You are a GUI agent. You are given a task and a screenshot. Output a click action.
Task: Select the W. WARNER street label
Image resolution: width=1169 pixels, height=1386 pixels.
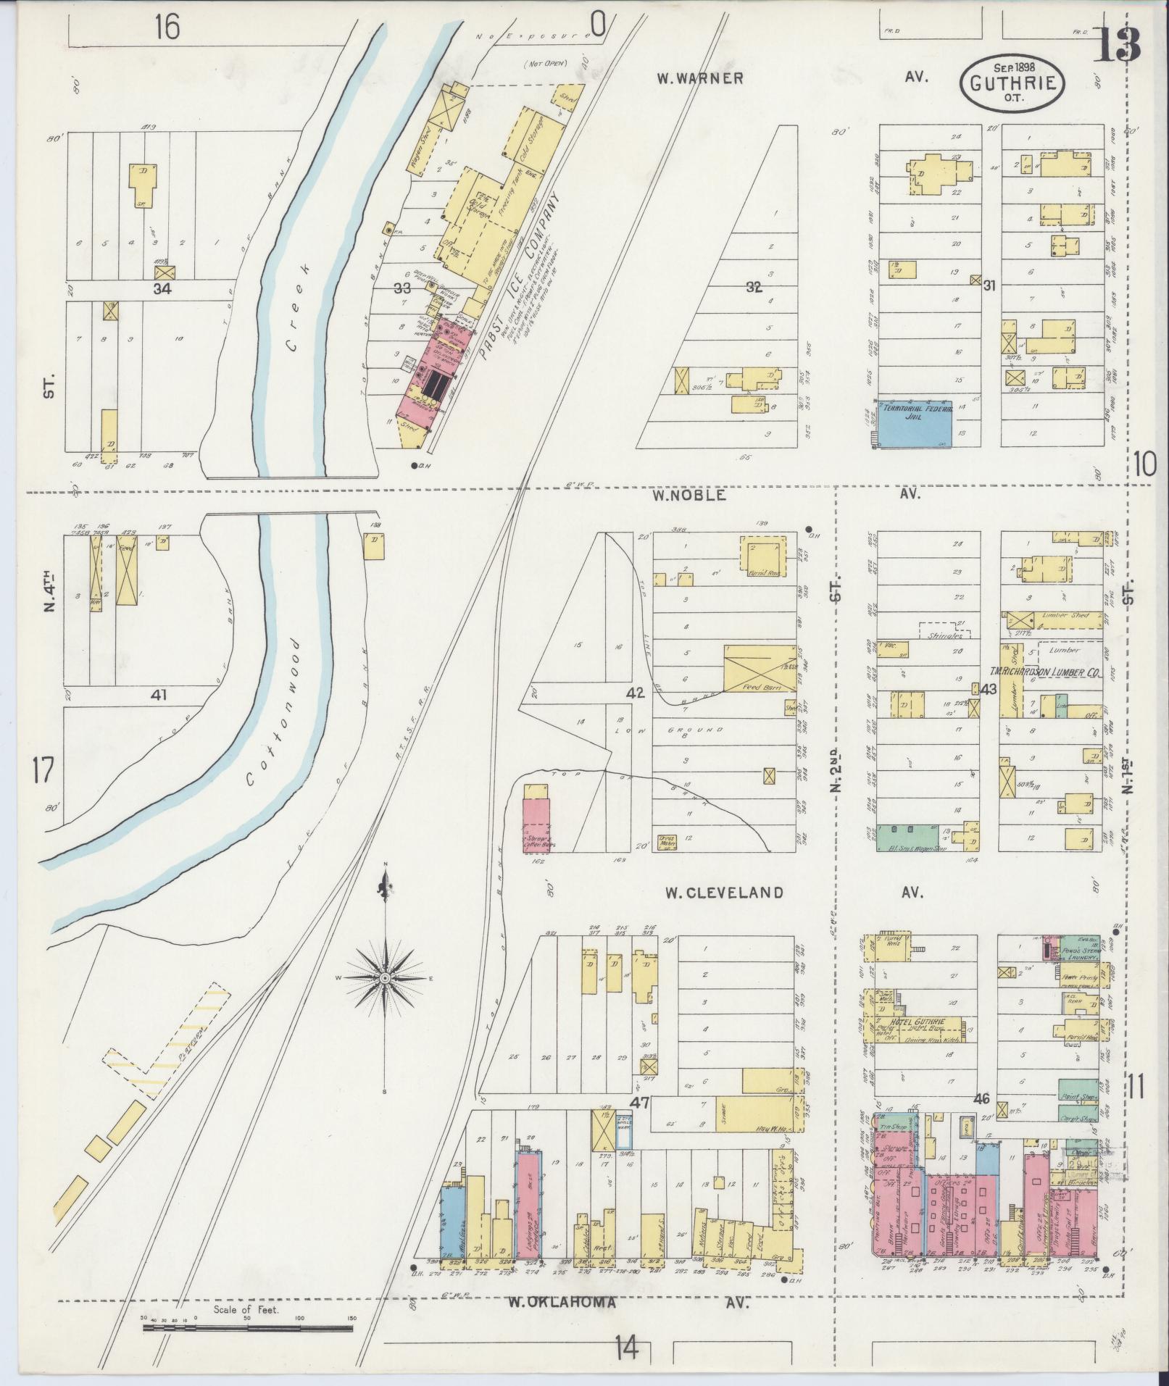point(700,78)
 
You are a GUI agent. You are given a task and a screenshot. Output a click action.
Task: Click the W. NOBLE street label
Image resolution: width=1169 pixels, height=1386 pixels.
point(688,496)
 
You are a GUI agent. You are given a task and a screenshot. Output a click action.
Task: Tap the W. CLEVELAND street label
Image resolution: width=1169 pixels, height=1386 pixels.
point(725,893)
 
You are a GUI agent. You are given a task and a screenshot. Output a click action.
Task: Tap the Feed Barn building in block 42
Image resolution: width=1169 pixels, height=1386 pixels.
point(760,667)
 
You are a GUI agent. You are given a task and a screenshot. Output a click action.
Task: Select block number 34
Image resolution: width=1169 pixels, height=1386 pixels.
point(162,289)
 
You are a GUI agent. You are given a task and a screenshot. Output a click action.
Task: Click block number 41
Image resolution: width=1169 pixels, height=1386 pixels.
point(159,696)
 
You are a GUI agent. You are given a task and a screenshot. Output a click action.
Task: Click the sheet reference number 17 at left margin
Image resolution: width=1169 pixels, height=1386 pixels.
point(42,770)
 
